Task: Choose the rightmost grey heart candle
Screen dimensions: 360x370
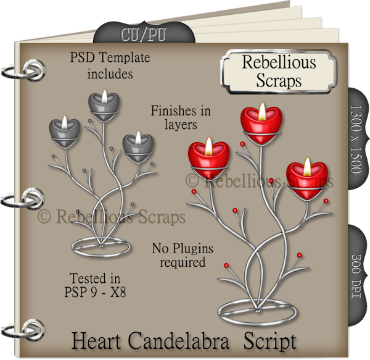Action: click(136, 147)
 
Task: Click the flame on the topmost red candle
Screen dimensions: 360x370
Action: click(261, 111)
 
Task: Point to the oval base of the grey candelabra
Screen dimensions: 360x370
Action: click(101, 246)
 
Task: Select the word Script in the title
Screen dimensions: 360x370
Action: click(269, 341)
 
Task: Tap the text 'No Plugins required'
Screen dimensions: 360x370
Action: click(182, 255)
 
